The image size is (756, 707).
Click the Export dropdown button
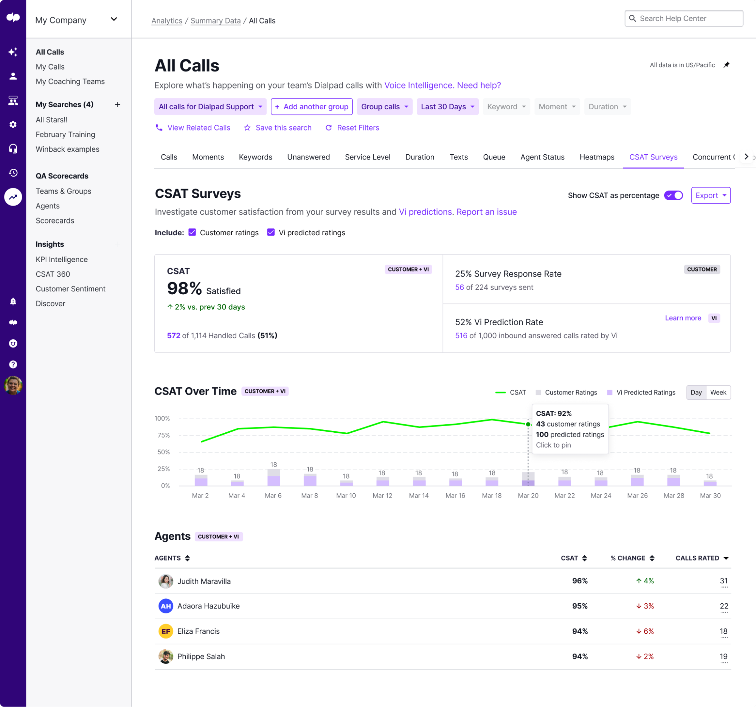click(710, 196)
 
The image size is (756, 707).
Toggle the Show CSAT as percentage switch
click(673, 196)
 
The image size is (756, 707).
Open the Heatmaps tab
click(597, 157)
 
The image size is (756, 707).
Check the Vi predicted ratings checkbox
click(271, 232)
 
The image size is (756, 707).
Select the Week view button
click(717, 393)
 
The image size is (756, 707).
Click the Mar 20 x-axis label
click(528, 496)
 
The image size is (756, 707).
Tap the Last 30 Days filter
click(447, 107)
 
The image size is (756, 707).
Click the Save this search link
click(283, 128)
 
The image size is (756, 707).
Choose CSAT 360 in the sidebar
click(53, 274)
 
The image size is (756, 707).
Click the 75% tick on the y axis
click(163, 435)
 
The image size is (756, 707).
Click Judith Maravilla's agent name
click(204, 581)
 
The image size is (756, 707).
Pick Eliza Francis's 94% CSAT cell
click(579, 631)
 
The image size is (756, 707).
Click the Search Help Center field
click(684, 19)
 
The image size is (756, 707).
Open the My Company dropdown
click(76, 20)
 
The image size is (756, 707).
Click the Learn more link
click(683, 318)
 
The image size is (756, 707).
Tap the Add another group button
click(312, 107)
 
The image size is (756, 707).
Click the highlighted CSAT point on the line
click(528, 424)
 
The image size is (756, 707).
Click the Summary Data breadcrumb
click(215, 21)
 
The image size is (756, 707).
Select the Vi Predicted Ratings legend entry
click(645, 393)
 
